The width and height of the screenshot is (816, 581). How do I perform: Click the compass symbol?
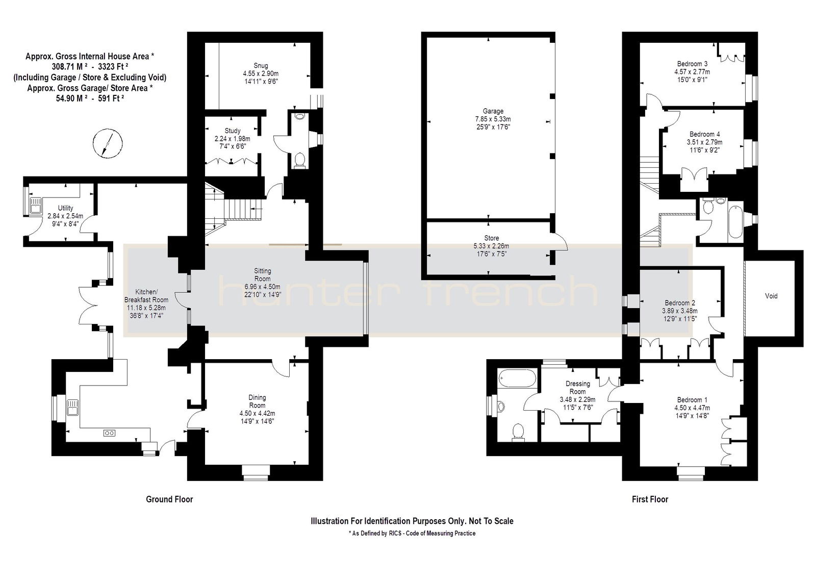point(108,144)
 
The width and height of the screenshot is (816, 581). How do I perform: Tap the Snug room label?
point(261,66)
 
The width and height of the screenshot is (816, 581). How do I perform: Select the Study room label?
point(233,131)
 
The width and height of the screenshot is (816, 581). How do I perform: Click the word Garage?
point(493,111)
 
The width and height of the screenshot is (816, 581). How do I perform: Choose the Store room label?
point(492,238)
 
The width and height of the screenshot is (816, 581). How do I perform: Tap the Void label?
point(771,296)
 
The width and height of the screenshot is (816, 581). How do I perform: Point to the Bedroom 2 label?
point(680,303)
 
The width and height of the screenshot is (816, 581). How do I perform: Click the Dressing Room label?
point(578,388)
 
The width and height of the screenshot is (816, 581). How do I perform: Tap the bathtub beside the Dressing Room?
point(518,378)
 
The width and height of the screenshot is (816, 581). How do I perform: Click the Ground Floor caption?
point(169,499)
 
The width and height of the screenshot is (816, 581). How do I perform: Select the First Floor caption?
point(650,499)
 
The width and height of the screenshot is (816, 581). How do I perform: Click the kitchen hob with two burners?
point(109,433)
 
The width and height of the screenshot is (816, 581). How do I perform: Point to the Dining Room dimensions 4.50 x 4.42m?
point(257,414)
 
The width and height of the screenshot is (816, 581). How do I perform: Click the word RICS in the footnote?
point(395,533)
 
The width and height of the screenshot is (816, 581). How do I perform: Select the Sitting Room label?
point(262,275)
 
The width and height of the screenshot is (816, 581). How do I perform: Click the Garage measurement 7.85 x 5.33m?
point(493,119)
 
